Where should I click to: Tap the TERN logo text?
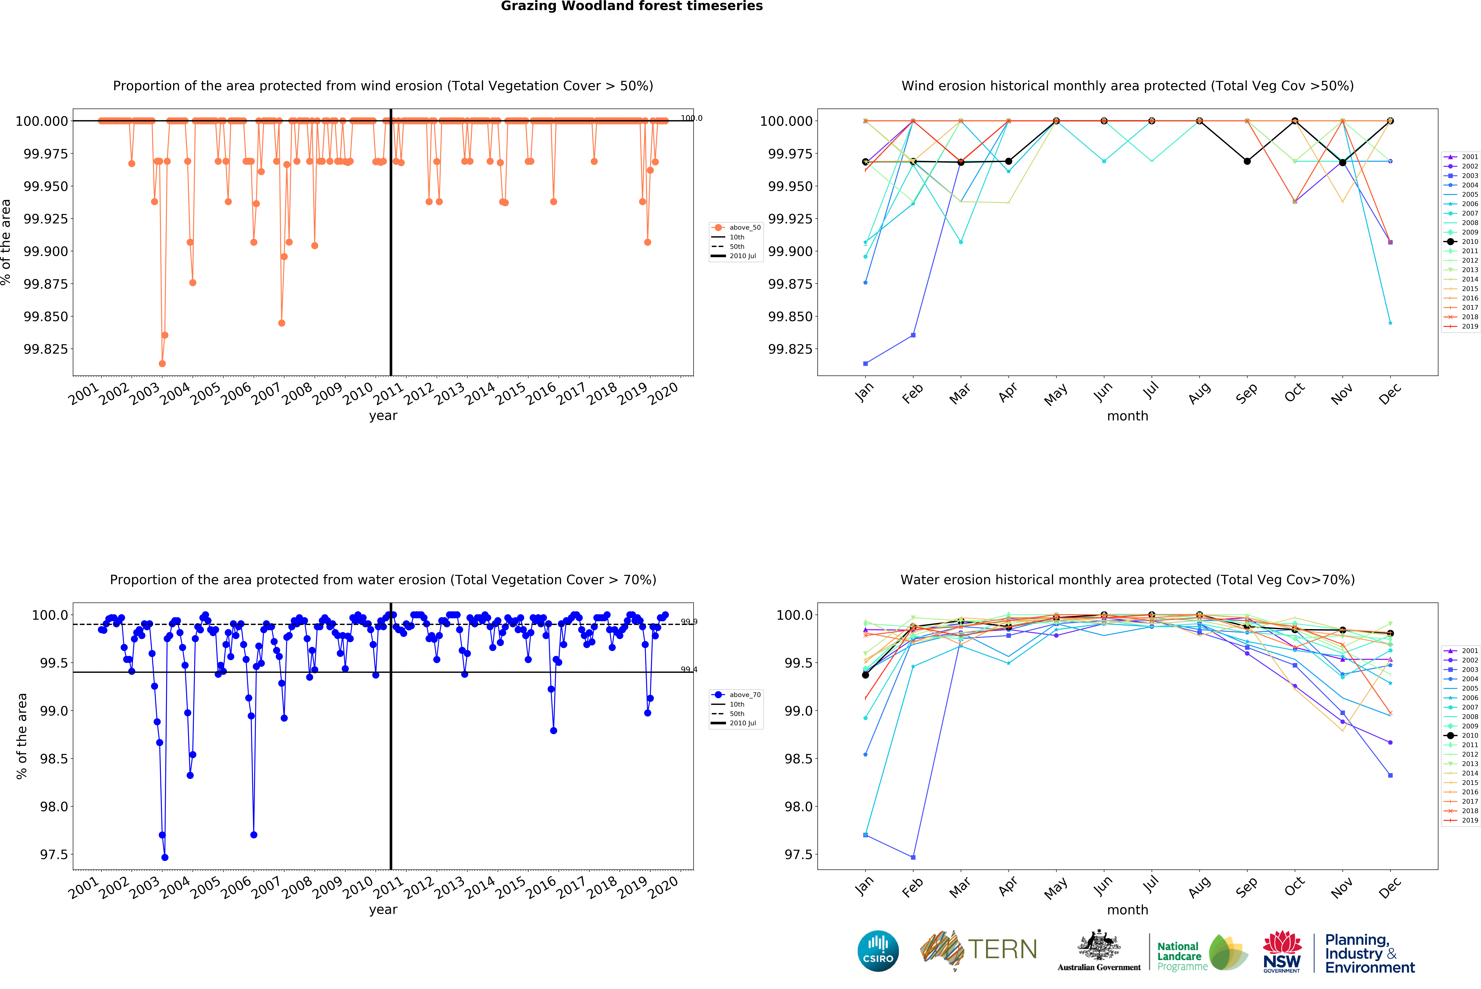click(1002, 949)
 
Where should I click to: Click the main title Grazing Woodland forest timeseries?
click(632, 6)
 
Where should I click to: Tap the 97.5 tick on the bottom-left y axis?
click(54, 855)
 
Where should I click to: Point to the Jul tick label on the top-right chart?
click(1150, 391)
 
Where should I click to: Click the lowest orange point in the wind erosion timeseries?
click(162, 363)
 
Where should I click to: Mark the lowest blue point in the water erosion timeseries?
click(165, 857)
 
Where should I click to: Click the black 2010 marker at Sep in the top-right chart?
click(1247, 162)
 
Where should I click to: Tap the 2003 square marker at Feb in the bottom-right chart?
click(913, 857)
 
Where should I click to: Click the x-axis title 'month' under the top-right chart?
click(1127, 416)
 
